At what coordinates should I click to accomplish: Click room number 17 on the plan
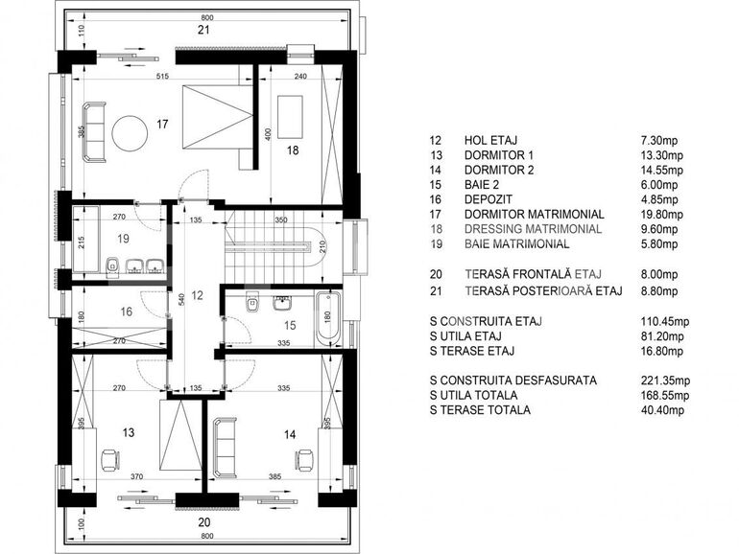[x=163, y=124]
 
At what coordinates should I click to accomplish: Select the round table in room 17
[x=129, y=132]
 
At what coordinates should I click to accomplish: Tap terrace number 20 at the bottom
[x=203, y=522]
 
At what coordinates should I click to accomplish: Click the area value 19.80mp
[x=661, y=214]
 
